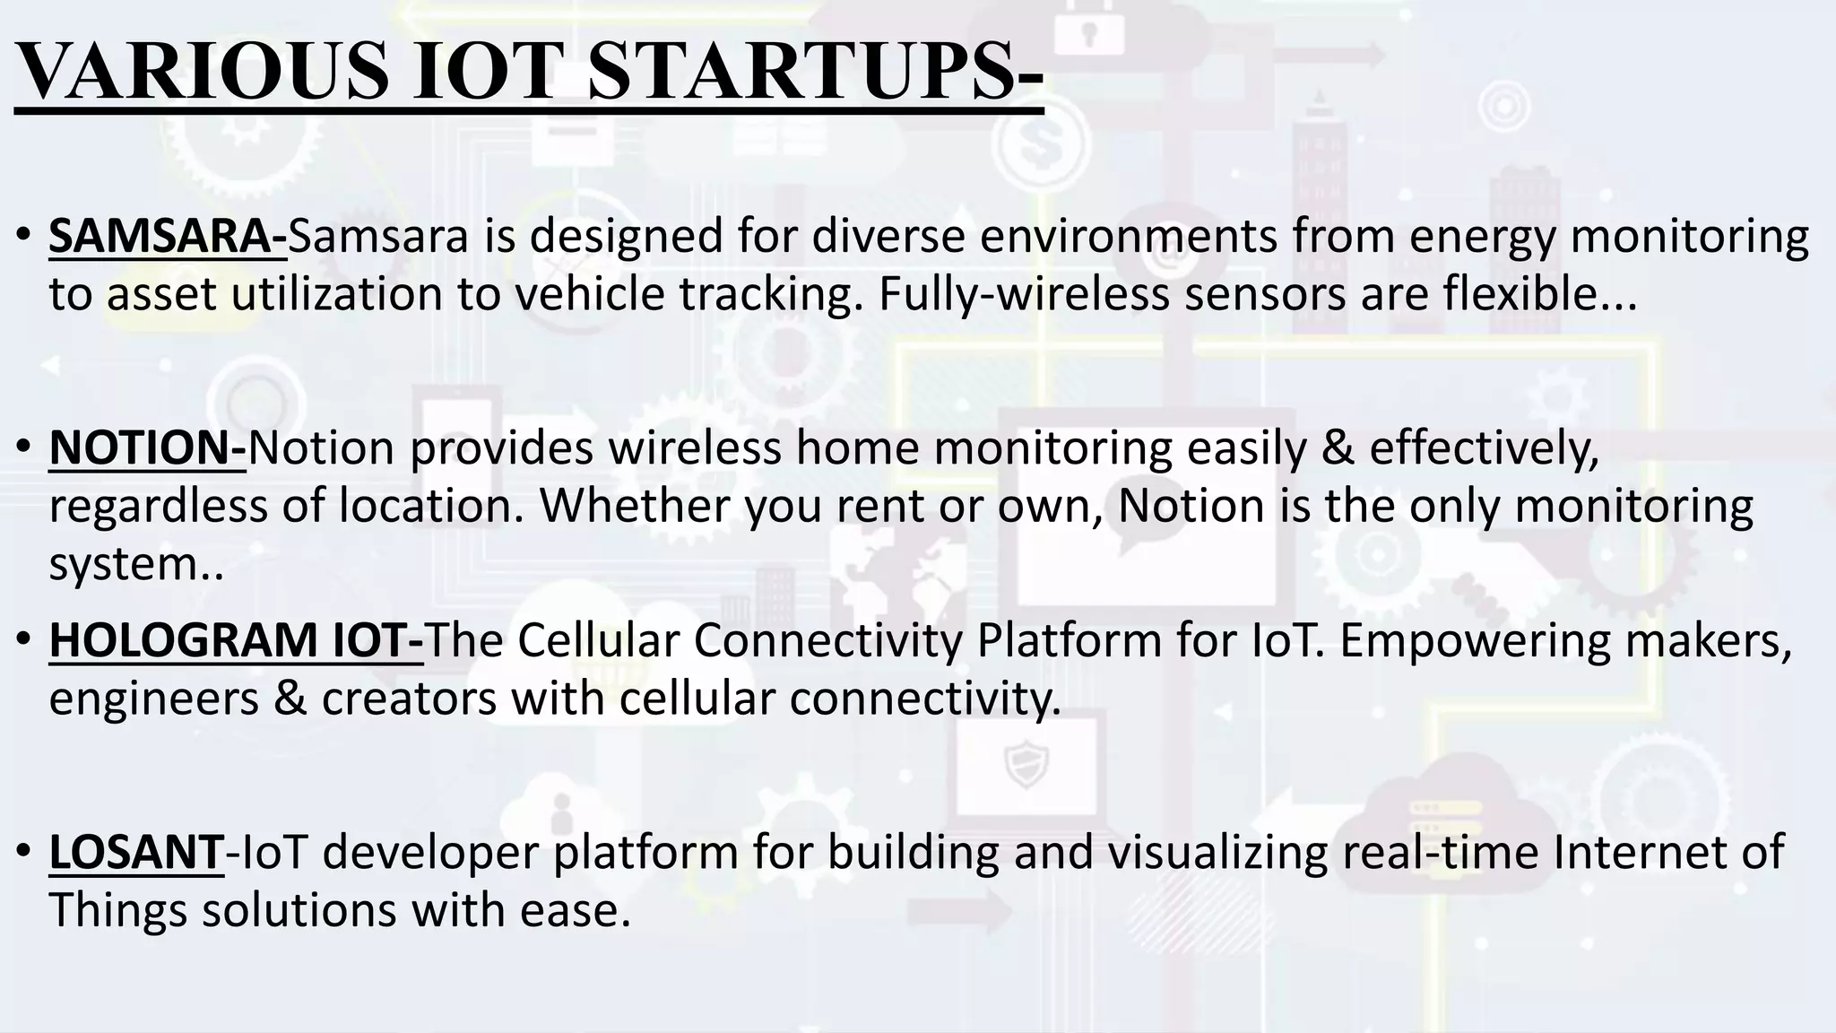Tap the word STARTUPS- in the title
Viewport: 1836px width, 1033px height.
click(815, 74)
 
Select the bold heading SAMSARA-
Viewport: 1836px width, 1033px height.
click(168, 237)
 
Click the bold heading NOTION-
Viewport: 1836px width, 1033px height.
click(147, 448)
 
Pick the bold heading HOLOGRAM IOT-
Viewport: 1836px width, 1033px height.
click(236, 640)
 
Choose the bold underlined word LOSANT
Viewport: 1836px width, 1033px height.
click(135, 852)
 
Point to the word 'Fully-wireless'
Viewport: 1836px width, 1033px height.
click(1023, 294)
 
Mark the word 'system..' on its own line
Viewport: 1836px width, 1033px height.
click(136, 565)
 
